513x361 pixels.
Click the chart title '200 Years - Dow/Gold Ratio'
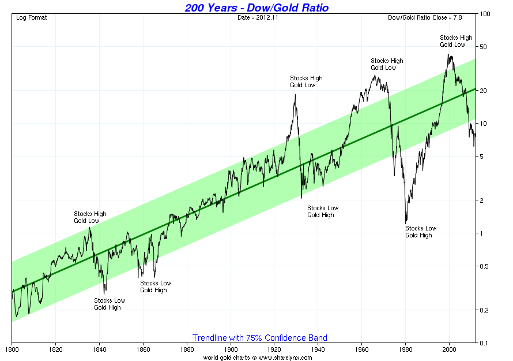pos(256,8)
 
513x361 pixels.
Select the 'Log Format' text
pos(32,17)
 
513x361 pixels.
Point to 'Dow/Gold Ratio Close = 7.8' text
pos(430,17)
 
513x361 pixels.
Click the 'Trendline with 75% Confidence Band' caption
pos(259,338)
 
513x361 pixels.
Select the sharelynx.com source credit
pos(258,358)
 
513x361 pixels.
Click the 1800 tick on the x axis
pos(12,349)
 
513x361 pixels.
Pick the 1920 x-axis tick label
pos(274,349)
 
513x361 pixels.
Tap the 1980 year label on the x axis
pos(405,349)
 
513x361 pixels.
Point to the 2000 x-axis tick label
pos(449,349)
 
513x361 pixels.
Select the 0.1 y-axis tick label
pos(485,343)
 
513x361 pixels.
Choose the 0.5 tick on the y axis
pos(485,266)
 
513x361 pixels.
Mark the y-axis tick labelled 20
pos(485,91)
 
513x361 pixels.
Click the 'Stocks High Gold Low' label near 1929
pos(306,81)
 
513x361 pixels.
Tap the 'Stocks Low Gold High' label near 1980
pos(421,232)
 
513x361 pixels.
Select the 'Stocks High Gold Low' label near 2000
pos(456,41)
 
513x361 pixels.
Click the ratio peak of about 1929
pos(296,95)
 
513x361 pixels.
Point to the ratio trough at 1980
pos(406,223)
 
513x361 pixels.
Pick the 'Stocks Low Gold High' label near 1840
pos(110,304)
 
